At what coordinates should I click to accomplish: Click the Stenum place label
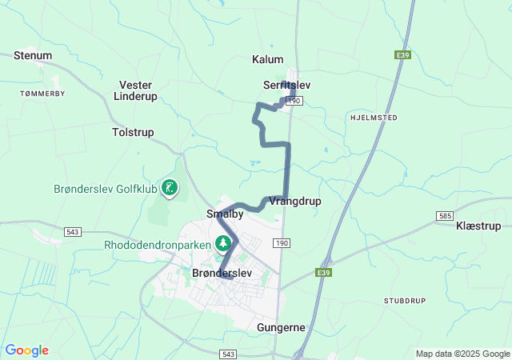[x=33, y=55]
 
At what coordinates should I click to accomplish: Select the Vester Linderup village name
[x=135, y=90]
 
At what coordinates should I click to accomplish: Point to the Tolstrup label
[x=133, y=132]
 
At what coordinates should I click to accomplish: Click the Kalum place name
[x=268, y=59]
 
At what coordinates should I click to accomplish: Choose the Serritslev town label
[x=286, y=84]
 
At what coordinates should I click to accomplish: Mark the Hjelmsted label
[x=373, y=117]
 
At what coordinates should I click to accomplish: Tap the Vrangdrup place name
[x=295, y=201]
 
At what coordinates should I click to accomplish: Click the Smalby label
[x=225, y=214]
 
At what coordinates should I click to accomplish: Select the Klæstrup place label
[x=478, y=226]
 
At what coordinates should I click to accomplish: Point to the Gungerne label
[x=281, y=328]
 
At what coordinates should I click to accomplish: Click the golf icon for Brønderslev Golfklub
[x=170, y=188]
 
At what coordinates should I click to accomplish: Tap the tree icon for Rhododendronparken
[x=223, y=242]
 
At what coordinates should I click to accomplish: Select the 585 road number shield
[x=446, y=216]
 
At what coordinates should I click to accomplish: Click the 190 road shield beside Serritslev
[x=294, y=100]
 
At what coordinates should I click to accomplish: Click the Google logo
[x=26, y=350]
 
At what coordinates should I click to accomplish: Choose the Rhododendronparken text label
[x=157, y=244]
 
